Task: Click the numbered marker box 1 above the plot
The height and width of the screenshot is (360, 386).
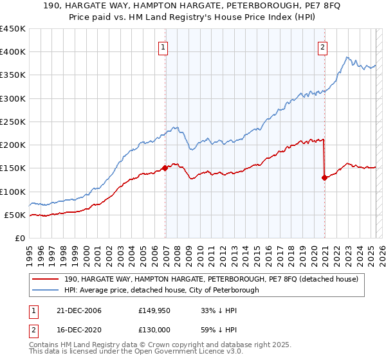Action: (x=163, y=46)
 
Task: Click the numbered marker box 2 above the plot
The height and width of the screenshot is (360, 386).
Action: (x=322, y=46)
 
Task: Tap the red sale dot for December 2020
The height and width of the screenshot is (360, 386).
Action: (x=325, y=177)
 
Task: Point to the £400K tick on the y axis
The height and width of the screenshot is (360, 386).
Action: (x=13, y=52)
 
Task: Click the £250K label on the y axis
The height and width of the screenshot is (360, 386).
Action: (x=13, y=122)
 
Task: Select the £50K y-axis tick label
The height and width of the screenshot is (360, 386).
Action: (x=15, y=215)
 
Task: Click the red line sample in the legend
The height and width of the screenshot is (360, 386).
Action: (x=46, y=279)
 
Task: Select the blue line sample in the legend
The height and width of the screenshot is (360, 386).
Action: (x=46, y=290)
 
